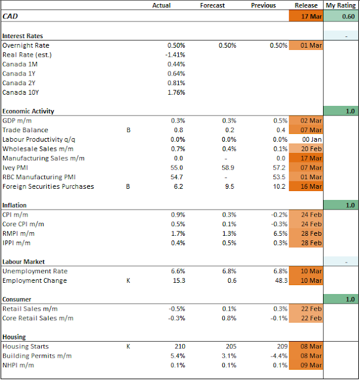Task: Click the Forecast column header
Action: [212, 5]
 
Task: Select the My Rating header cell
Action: [340, 5]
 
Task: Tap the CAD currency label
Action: [10, 16]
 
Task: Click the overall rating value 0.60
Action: [348, 17]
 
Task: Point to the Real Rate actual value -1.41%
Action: [175, 55]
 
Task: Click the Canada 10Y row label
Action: [20, 93]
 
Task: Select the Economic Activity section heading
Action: [28, 111]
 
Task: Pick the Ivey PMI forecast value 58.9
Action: [228, 168]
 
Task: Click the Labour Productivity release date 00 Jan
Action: [312, 139]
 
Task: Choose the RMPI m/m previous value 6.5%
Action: [280, 233]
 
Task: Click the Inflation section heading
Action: [14, 205]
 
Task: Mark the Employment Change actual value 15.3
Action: [179, 280]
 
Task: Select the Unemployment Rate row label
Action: [35, 271]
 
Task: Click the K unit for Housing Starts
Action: [128, 346]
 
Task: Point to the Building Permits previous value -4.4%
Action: [279, 356]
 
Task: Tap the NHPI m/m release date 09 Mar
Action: [311, 365]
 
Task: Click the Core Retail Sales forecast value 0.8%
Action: [229, 318]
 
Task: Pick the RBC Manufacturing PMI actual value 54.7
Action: [176, 177]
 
